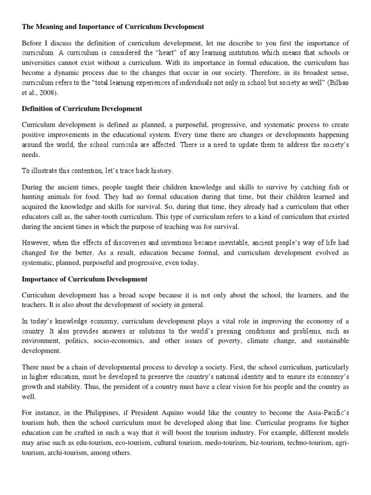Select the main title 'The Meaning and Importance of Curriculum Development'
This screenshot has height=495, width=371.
(114, 27)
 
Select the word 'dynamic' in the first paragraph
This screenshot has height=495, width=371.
(68, 73)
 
